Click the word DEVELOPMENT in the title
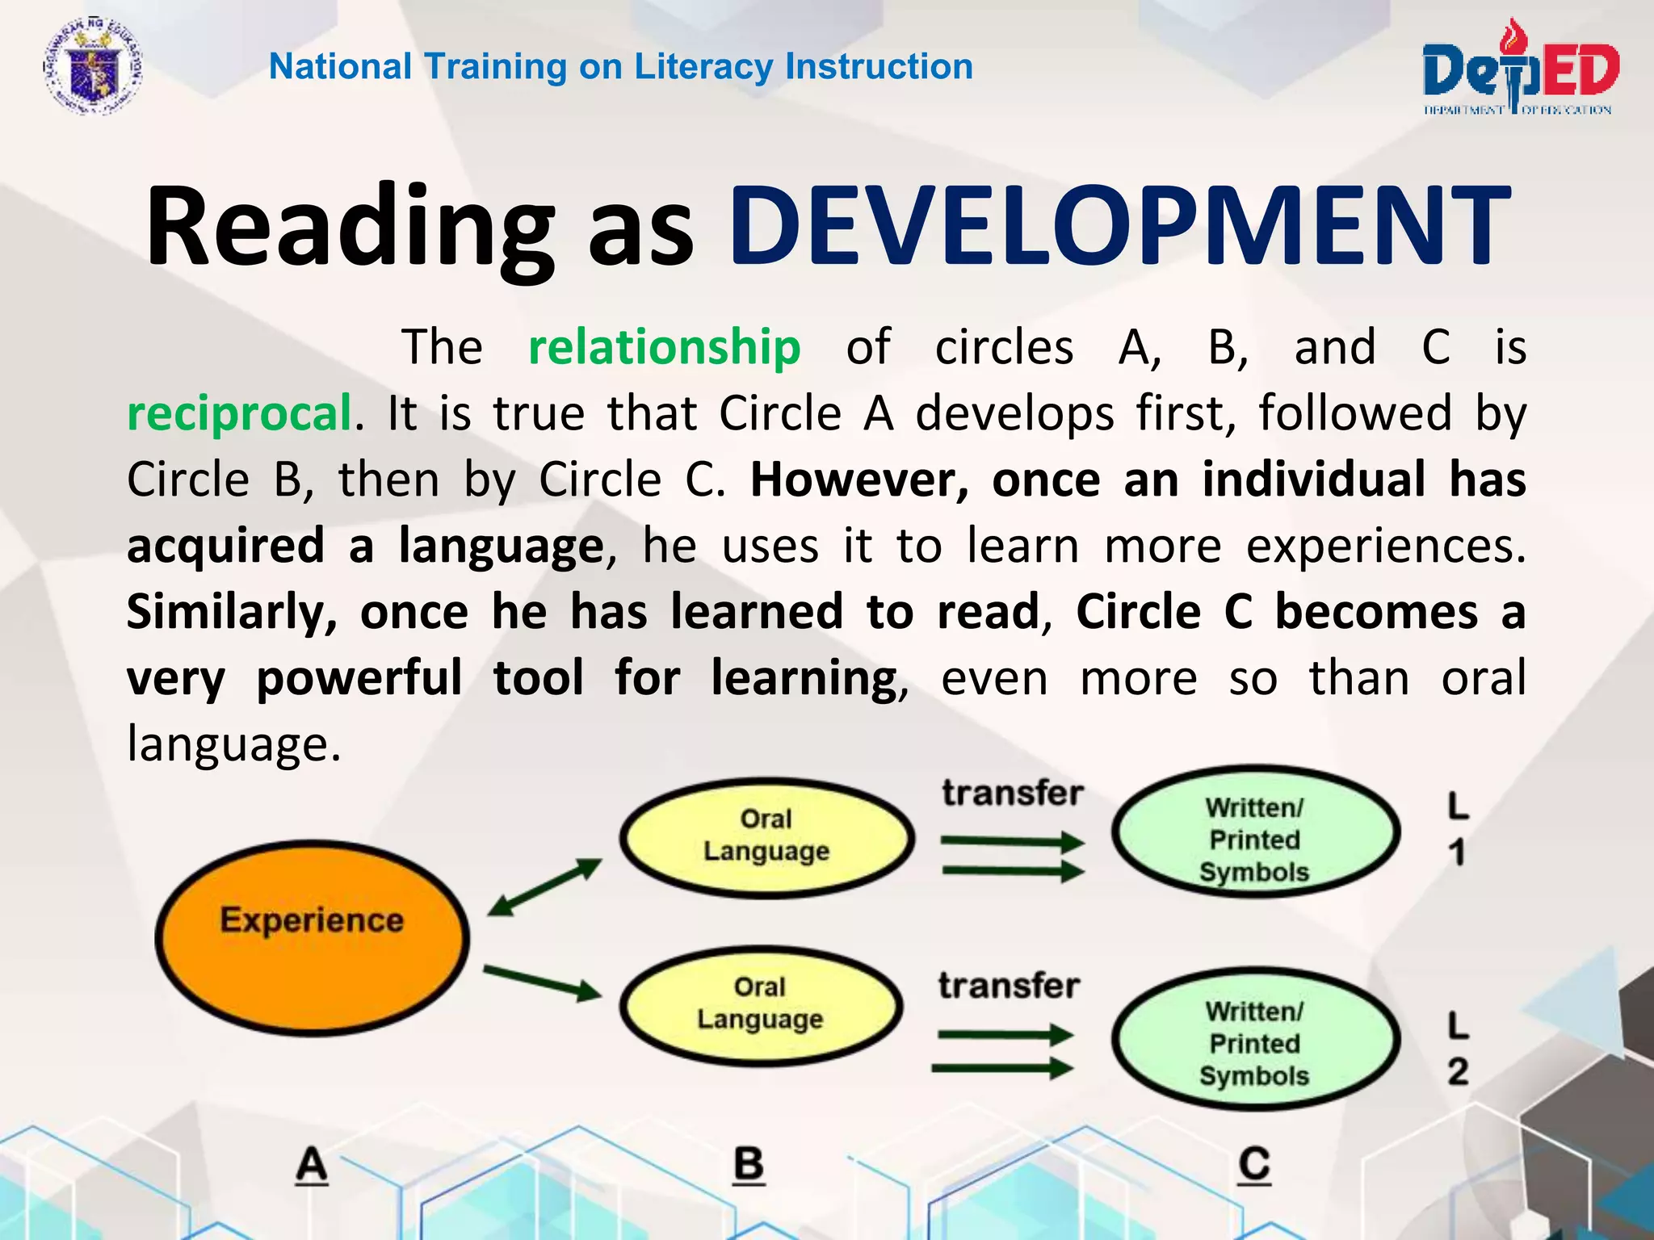click(1119, 227)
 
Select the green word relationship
click(664, 347)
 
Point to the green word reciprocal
click(239, 413)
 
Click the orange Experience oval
click(312, 937)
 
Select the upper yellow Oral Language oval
click(766, 837)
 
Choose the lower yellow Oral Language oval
click(760, 1005)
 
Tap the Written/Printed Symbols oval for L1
click(1254, 832)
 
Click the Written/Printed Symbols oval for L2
click(1254, 1039)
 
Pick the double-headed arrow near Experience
click(545, 886)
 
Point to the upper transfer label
click(1012, 794)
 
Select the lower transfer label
click(1009, 986)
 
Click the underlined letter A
click(312, 1165)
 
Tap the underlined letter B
click(748, 1165)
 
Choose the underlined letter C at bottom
click(1254, 1165)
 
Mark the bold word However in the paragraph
click(858, 480)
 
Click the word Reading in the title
click(349, 227)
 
